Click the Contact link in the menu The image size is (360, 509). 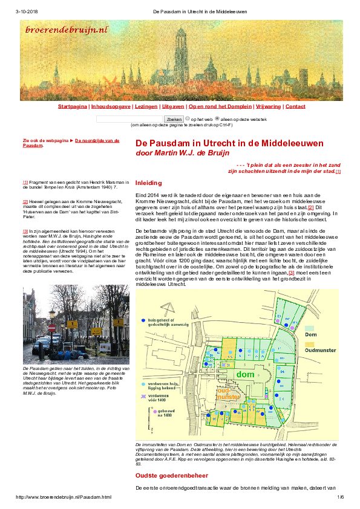tap(278, 106)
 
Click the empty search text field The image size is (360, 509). tap(121, 119)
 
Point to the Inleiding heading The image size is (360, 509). tap(148, 183)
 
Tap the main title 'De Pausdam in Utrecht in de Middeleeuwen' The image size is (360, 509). tap(229, 143)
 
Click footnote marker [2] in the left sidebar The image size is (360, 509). tap(25, 201)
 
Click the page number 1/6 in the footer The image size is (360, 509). tap(340, 497)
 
